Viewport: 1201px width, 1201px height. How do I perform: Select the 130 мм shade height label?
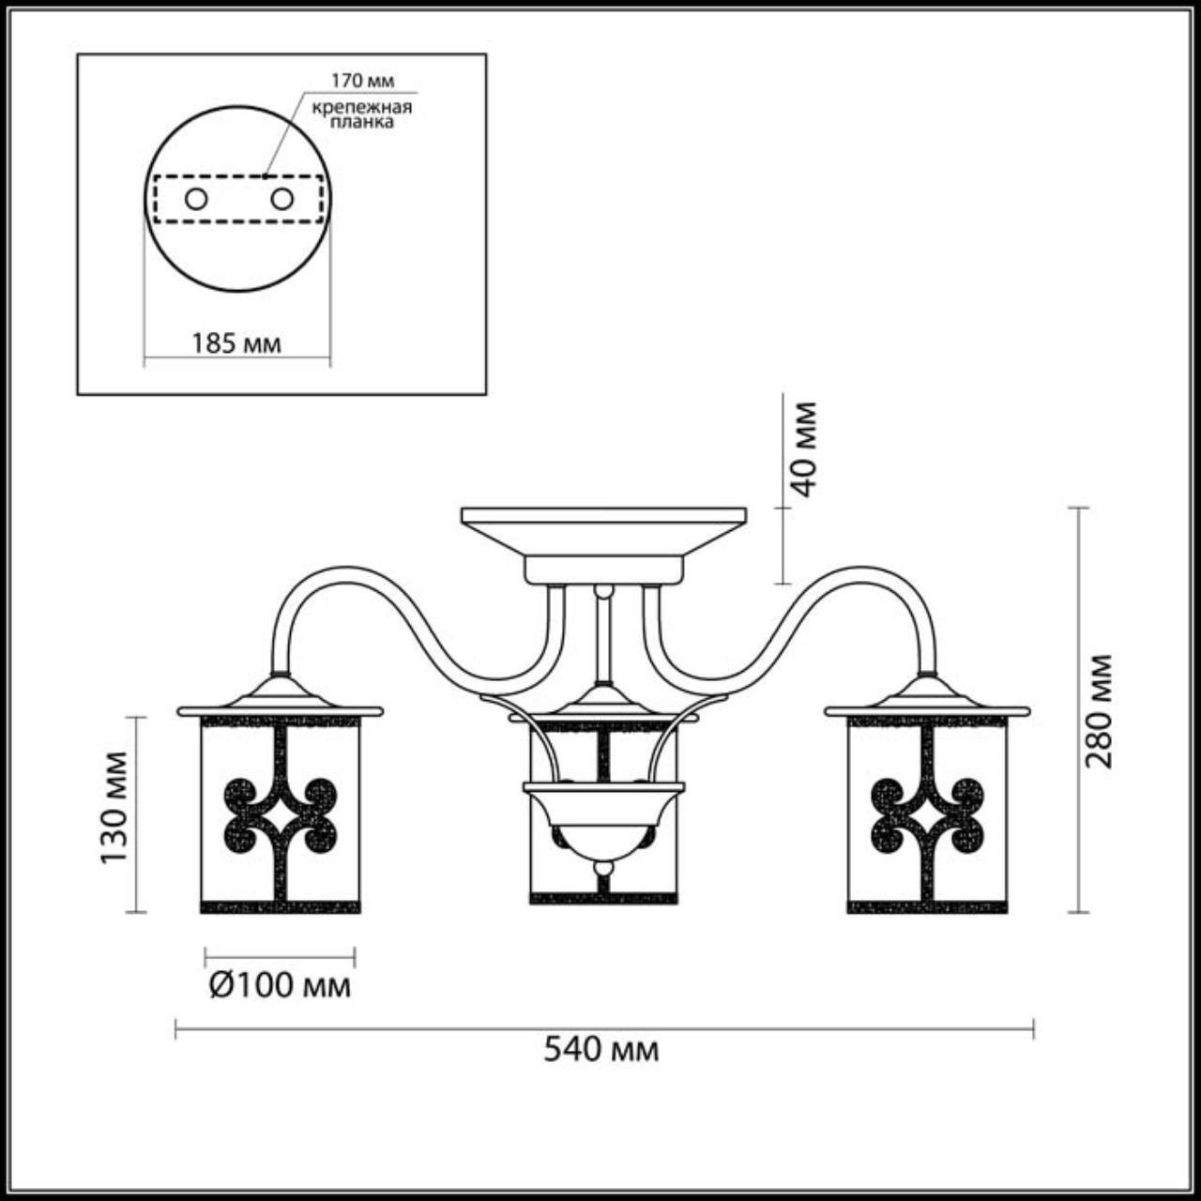(114, 809)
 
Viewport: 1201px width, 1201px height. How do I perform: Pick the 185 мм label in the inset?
(236, 343)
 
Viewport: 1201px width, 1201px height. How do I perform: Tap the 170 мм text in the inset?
(363, 81)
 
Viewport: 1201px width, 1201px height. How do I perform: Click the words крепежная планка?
(362, 114)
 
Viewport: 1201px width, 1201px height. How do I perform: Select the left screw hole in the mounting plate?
(196, 200)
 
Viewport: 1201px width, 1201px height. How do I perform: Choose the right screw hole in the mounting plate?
(281, 200)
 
